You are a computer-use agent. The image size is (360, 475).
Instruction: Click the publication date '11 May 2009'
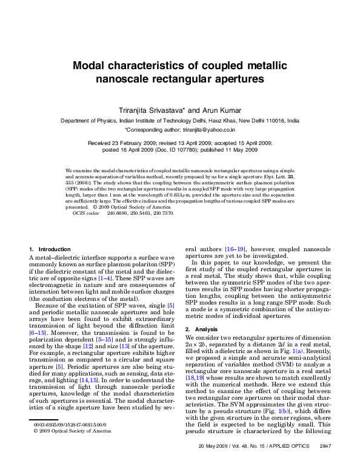235,149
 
